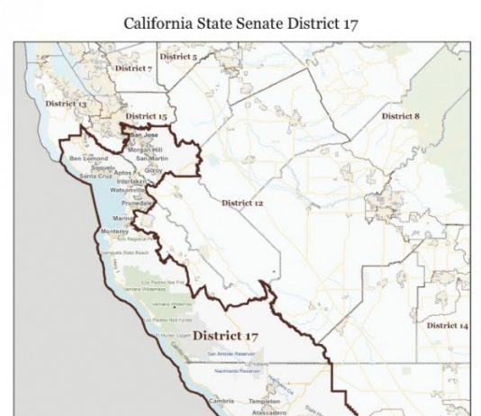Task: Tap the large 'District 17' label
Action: (x=225, y=335)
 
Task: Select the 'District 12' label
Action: (x=242, y=203)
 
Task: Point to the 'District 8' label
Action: (x=400, y=116)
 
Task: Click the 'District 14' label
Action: (x=447, y=324)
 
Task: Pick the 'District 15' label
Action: (x=145, y=117)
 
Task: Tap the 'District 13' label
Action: (x=66, y=104)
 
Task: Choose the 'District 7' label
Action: (x=133, y=68)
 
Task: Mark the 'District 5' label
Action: (x=181, y=58)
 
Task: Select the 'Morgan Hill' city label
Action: (x=145, y=149)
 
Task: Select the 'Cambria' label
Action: (x=222, y=399)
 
